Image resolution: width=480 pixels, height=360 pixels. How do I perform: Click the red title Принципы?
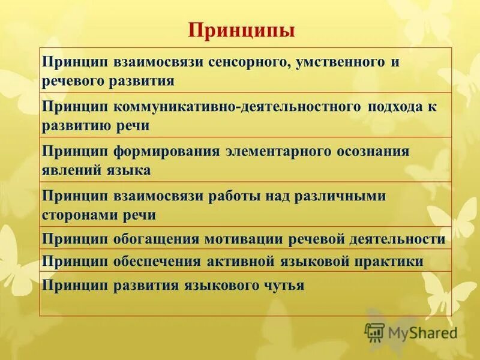(242, 30)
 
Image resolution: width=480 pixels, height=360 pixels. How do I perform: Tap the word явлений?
(68, 170)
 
